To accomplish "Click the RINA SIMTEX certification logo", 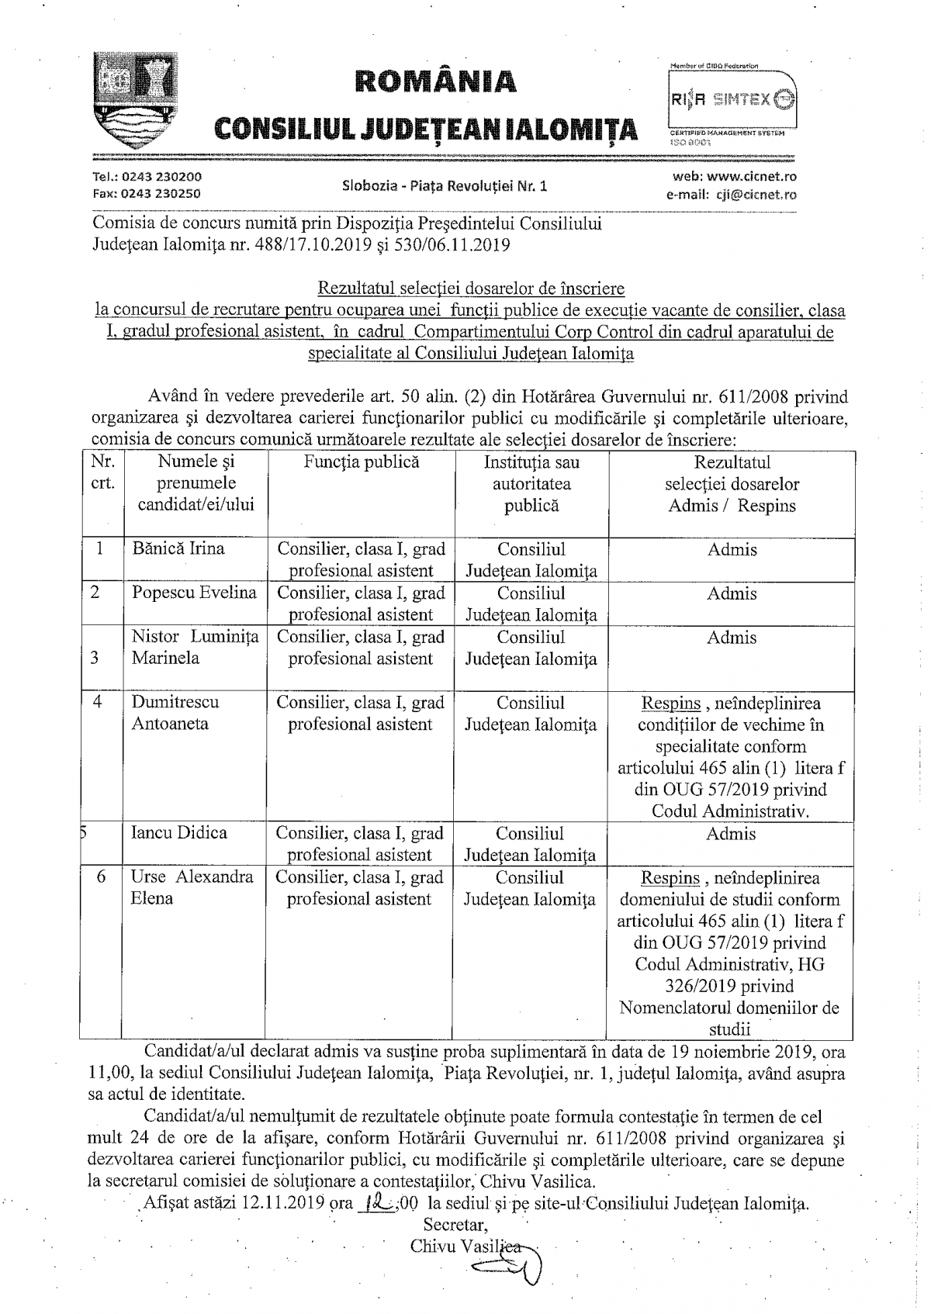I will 731,99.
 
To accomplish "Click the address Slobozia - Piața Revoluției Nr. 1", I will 445,186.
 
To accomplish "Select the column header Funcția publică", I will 362,462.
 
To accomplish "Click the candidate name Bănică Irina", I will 178,549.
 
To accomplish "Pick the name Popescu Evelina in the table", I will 194,593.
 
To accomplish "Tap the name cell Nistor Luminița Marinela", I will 194,648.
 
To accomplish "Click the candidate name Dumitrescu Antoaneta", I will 175,713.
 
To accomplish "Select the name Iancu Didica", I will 179,833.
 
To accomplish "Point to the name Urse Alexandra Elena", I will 192,888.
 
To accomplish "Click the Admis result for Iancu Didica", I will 732,834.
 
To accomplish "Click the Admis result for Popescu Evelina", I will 732,594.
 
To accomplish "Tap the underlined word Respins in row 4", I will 670,704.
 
